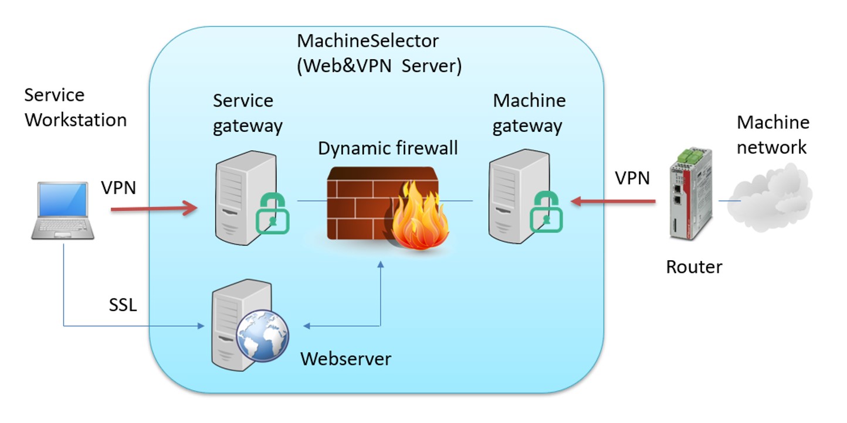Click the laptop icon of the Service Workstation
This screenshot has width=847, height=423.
63,210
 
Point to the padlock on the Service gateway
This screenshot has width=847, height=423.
272,211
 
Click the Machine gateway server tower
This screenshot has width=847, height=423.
514,196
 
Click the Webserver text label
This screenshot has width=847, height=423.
345,358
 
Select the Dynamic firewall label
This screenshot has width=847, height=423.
388,148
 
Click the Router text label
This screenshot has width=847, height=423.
694,267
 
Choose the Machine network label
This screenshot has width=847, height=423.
772,134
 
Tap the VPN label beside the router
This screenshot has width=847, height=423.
632,178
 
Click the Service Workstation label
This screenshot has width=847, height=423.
76,107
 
